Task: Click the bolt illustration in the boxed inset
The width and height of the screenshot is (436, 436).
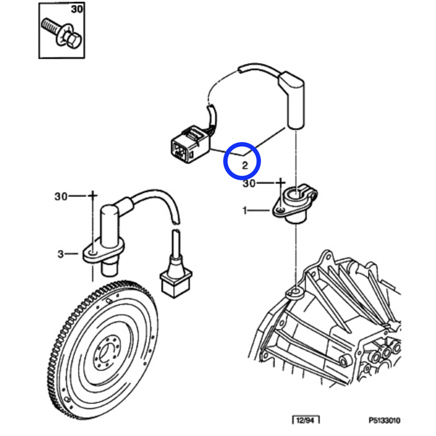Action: [61, 34]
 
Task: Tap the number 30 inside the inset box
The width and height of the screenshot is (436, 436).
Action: [77, 9]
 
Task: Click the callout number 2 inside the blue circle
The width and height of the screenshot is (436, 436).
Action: [245, 166]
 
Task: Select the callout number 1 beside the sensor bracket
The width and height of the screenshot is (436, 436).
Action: [245, 210]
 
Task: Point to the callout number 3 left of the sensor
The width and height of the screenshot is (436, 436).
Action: [60, 254]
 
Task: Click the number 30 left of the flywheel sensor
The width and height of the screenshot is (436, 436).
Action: [61, 197]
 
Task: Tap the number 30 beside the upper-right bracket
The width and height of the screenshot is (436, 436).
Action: [249, 184]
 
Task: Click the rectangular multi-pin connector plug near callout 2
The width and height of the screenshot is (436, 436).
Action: [190, 144]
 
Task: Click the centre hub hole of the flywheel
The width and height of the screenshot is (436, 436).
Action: [106, 354]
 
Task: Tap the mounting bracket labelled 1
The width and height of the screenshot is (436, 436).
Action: [294, 203]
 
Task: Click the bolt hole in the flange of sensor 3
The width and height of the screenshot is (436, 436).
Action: [92, 253]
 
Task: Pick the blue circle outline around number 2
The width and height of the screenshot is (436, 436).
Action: [242, 161]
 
